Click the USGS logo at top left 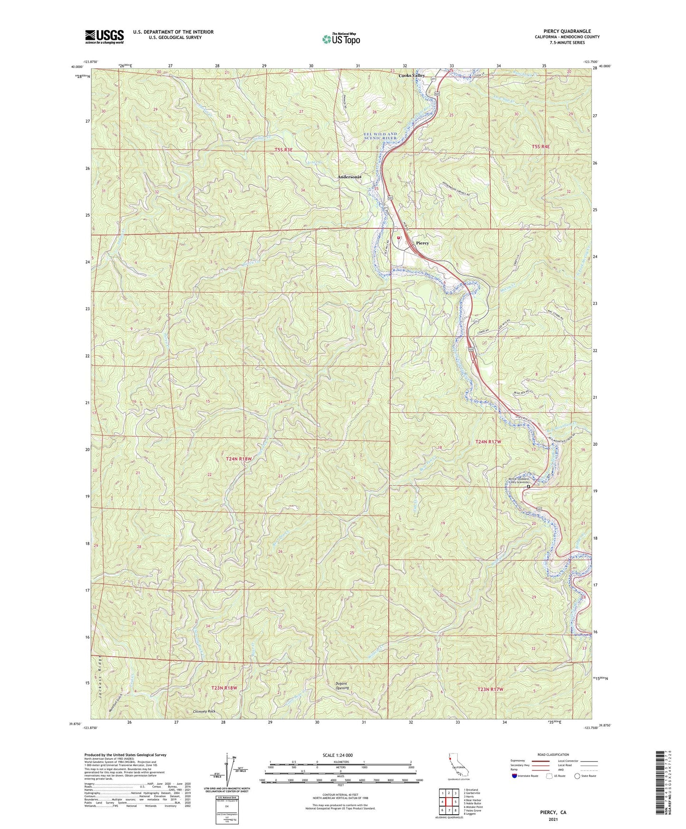pyautogui.click(x=104, y=36)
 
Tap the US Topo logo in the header pyautogui.click(x=340, y=39)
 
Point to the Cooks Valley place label pyautogui.click(x=411, y=75)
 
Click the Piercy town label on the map pyautogui.click(x=422, y=243)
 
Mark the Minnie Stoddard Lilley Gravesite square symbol pyautogui.click(x=528, y=486)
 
